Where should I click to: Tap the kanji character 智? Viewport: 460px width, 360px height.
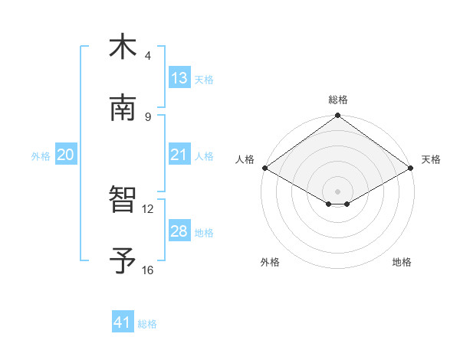click(123, 199)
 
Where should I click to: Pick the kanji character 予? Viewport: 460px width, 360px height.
click(123, 260)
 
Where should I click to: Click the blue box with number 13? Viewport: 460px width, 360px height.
click(179, 78)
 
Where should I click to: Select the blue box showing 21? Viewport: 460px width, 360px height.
click(179, 155)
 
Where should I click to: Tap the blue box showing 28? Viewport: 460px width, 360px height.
click(179, 231)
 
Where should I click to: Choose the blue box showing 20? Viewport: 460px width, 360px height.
click(66, 155)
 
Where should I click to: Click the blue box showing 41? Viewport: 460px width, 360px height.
click(123, 322)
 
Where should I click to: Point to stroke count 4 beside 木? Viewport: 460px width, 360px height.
click(148, 56)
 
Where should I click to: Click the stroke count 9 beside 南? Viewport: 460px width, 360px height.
click(148, 116)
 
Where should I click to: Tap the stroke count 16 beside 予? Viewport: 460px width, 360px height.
click(148, 270)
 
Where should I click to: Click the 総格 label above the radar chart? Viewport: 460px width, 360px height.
click(338, 100)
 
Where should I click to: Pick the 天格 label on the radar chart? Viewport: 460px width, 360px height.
click(431, 159)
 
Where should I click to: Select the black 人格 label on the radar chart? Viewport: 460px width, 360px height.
click(245, 159)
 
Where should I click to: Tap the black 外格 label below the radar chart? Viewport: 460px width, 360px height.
click(270, 263)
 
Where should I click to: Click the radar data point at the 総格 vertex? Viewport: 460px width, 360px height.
click(338, 116)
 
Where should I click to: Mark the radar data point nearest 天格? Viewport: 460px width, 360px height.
click(412, 168)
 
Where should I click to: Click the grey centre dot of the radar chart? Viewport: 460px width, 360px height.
click(338, 191)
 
